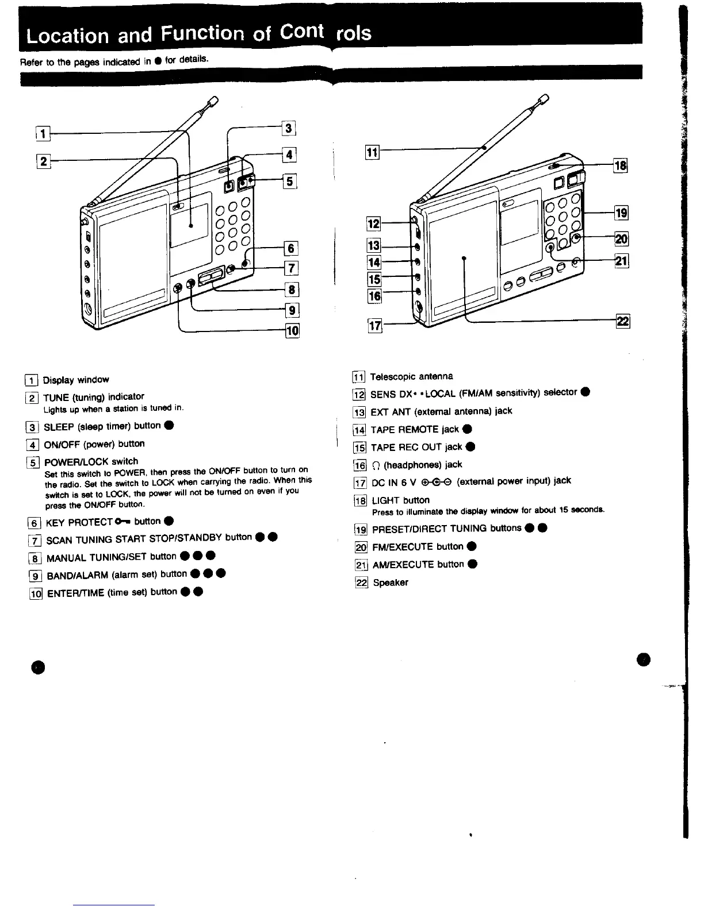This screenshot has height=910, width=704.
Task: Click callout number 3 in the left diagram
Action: (290, 128)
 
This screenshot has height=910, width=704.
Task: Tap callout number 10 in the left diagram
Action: (293, 330)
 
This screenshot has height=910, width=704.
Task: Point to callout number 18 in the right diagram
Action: (621, 166)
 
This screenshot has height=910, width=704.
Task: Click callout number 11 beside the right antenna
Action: (372, 152)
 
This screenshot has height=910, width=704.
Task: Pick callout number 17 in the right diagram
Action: (374, 326)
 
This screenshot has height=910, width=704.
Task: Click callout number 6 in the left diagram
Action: (291, 248)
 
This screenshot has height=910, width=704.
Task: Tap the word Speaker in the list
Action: (391, 583)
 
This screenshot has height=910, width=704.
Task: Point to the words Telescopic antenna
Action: (412, 376)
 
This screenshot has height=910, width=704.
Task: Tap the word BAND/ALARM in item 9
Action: (77, 574)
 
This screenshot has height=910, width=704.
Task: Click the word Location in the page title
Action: (68, 36)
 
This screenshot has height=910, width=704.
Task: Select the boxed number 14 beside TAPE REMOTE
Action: (359, 430)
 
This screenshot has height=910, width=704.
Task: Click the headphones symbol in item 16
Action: (377, 465)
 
